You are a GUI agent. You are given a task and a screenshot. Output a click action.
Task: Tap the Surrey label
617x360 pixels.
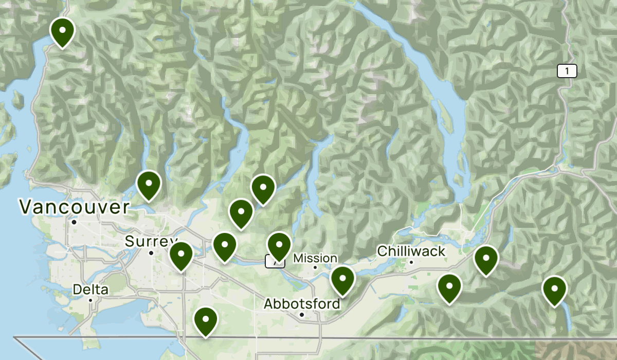coord(150,241)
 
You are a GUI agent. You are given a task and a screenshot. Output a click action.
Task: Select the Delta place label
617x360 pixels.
coord(90,290)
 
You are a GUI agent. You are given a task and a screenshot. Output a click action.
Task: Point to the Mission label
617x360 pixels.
coord(315,258)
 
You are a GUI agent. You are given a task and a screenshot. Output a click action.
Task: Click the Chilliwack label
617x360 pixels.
coord(411,251)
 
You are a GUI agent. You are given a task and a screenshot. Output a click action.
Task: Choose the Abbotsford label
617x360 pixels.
coord(302,304)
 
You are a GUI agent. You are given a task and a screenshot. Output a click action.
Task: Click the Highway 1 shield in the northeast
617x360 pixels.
coord(567,71)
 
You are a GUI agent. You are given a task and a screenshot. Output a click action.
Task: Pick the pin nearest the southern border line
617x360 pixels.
coord(205,320)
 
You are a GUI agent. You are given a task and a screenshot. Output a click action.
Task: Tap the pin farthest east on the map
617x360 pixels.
coord(554,290)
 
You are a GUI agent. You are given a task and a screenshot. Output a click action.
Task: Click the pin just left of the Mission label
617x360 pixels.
coord(279,245)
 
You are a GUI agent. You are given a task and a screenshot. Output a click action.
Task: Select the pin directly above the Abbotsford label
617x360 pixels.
coord(342,280)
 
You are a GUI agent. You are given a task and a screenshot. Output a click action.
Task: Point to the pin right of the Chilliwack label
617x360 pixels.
coord(486,259)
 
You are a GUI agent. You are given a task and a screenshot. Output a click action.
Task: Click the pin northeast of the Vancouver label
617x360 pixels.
coord(149,184)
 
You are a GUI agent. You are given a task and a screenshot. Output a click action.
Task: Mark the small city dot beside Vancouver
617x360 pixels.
coord(75,222)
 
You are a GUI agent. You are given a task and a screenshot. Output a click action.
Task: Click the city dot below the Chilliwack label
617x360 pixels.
coord(411,262)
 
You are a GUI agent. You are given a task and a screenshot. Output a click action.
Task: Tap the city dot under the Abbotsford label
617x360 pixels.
coord(302,314)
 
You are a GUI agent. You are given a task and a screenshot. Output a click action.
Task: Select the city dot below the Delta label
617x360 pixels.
coord(90,300)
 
